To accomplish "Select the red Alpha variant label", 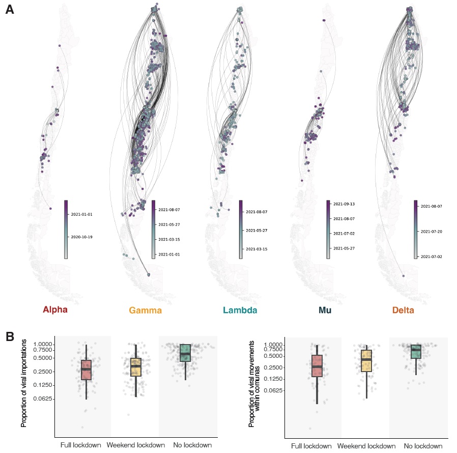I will pyautogui.click(x=55, y=309).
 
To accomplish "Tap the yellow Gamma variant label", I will pyautogui.click(x=145, y=310).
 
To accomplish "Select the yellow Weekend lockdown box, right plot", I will pyautogui.click(x=366, y=361).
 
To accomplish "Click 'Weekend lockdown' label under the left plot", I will pyautogui.click(x=136, y=445).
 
